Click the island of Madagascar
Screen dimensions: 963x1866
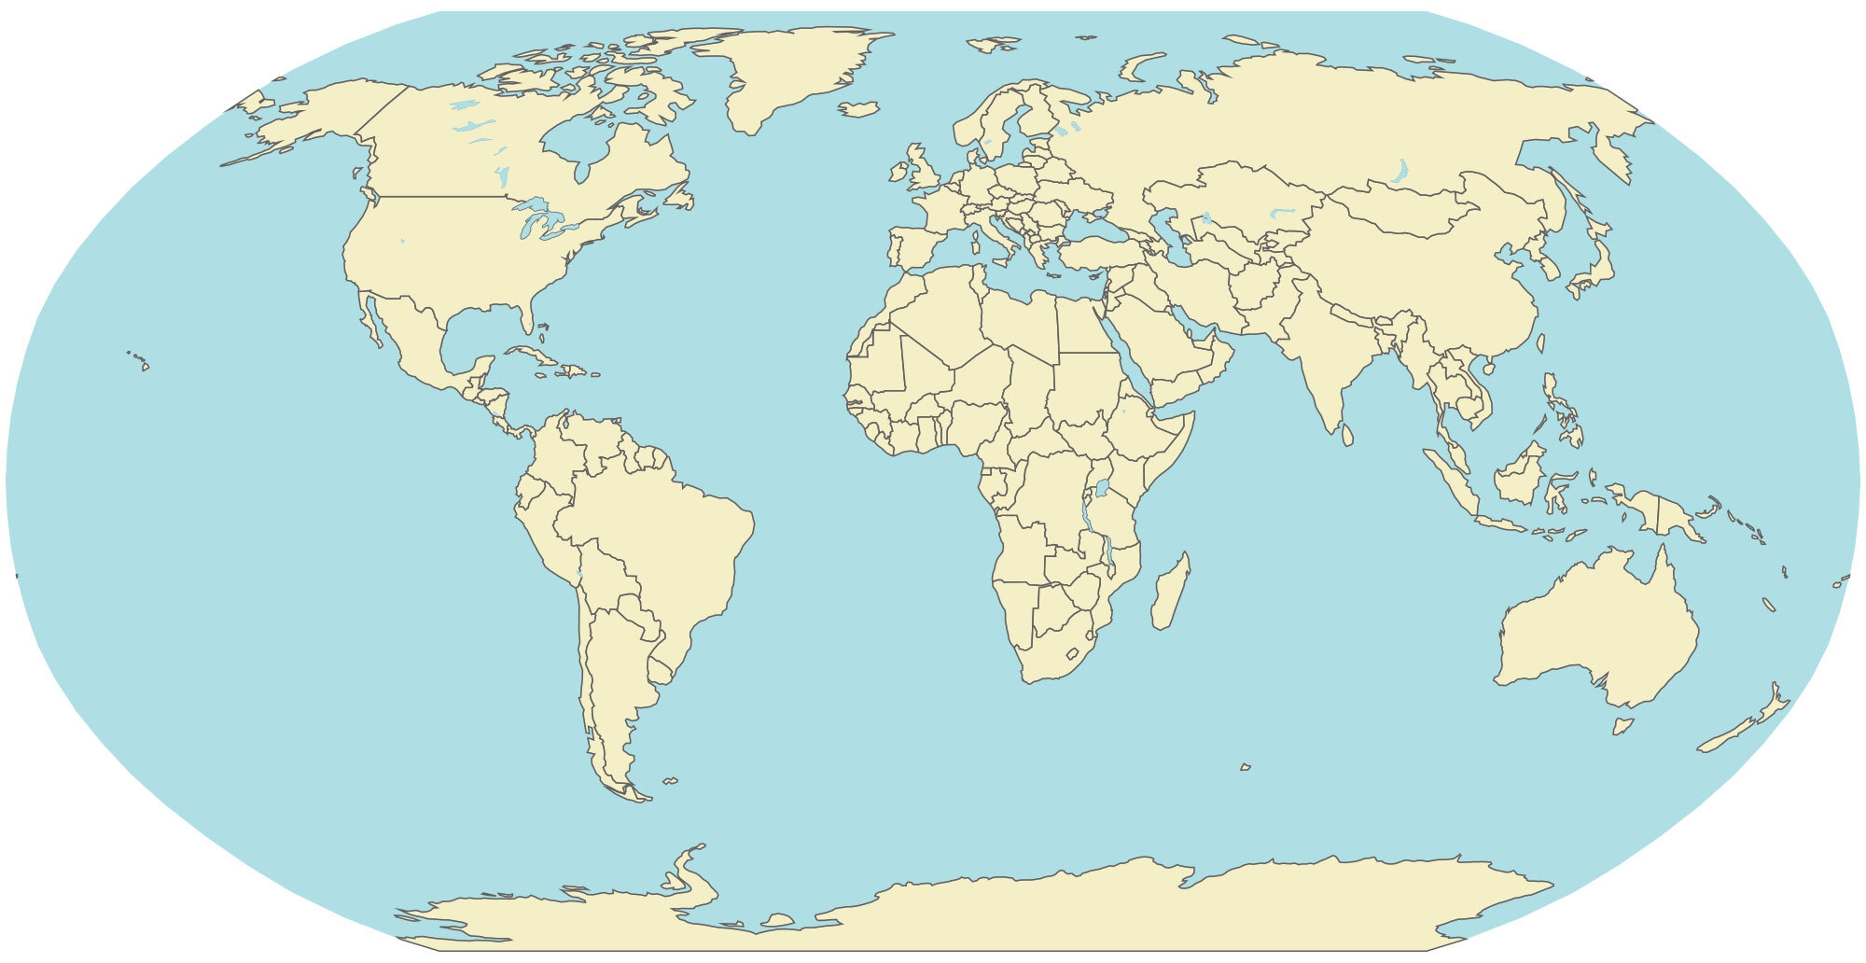1170,593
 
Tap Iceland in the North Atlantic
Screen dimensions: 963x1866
859,109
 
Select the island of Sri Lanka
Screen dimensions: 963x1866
1347,435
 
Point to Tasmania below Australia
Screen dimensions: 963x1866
1623,725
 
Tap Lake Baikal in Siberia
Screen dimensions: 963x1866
1399,172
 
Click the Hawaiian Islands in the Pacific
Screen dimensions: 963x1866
140,360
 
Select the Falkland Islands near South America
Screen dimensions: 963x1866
670,780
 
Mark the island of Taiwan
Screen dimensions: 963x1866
1539,343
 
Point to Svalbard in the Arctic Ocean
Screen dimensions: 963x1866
992,43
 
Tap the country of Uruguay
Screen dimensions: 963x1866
661,669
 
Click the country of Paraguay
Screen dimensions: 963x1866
636,611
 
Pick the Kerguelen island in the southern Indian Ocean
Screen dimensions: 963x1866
1245,767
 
